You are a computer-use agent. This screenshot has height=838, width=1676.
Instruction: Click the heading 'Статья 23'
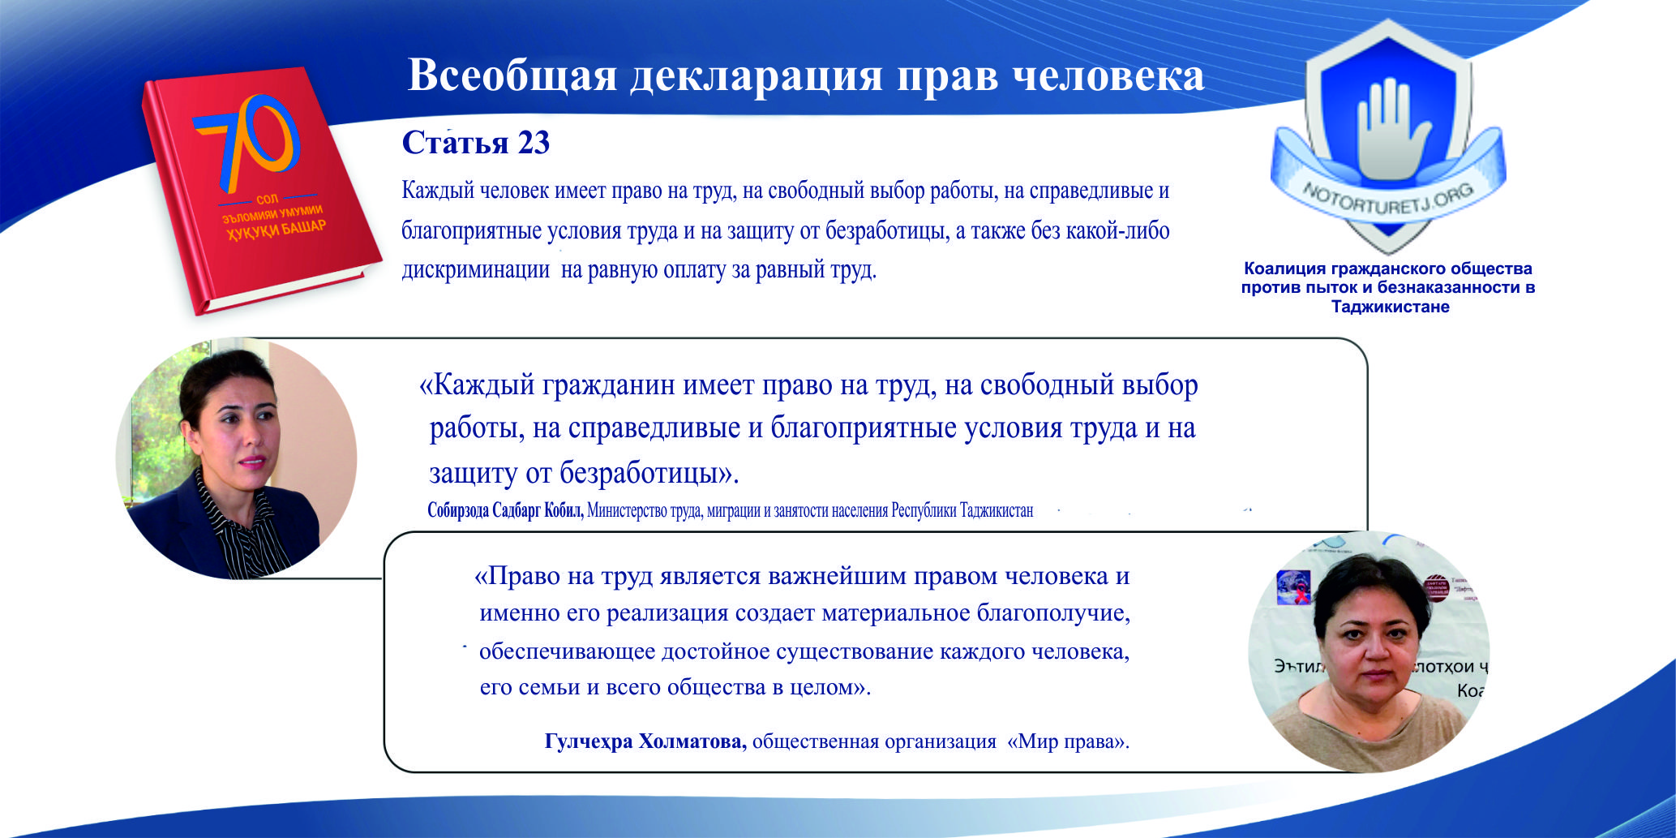click(476, 143)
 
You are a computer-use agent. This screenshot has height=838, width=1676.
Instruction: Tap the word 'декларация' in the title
click(756, 76)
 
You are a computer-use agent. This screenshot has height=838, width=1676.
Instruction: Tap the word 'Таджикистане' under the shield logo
click(1390, 307)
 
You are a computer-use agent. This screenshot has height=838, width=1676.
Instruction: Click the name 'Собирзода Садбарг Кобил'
click(505, 511)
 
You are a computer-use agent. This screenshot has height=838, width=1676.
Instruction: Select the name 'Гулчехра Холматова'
click(645, 741)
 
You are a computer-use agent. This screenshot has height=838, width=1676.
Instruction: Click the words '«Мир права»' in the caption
click(1068, 741)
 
